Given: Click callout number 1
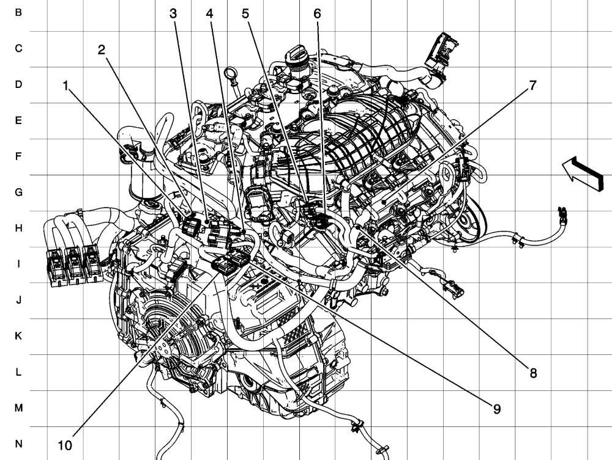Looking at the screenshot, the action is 66,86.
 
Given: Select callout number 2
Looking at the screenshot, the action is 102,50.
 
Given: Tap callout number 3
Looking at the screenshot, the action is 173,13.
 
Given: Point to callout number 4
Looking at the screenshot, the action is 209,13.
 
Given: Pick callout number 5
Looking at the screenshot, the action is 245,13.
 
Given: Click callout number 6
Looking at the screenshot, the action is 317,13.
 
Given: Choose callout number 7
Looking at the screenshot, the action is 533,86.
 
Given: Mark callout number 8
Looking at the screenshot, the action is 533,373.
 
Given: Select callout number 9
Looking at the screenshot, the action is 496,409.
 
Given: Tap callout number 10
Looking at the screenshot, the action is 65,445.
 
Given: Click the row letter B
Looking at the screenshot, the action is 18,12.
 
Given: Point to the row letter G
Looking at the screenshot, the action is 18,192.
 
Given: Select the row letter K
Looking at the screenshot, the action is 18,336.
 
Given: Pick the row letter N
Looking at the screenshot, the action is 18,444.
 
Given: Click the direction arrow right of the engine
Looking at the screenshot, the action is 583,173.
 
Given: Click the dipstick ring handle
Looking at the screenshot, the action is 230,74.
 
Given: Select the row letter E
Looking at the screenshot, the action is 18,120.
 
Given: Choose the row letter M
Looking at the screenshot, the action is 18,408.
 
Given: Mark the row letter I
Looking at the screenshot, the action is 18,264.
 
